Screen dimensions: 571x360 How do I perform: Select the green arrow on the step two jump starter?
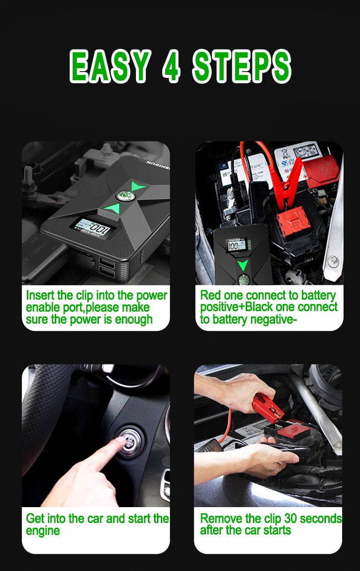coord(243,265)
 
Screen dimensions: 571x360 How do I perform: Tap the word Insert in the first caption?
coord(40,295)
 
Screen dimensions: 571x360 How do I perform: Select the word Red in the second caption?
coord(209,295)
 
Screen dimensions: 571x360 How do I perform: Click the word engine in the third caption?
coord(43,531)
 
